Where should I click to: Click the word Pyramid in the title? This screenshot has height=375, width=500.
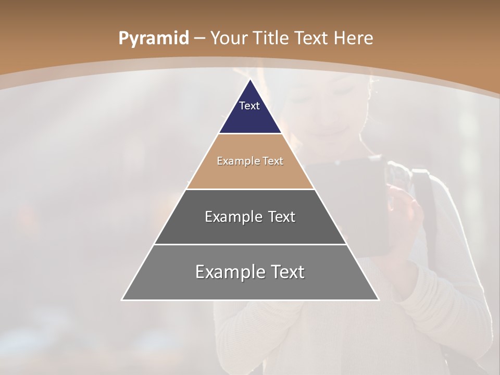(153, 39)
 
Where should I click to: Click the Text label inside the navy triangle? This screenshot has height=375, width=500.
(249, 106)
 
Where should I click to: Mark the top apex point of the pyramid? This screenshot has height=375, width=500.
(251, 80)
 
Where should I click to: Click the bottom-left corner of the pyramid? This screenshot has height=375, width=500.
(122, 299)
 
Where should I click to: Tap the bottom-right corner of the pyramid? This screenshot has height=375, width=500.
(378, 299)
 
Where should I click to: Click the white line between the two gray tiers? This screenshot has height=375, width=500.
(250, 244)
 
